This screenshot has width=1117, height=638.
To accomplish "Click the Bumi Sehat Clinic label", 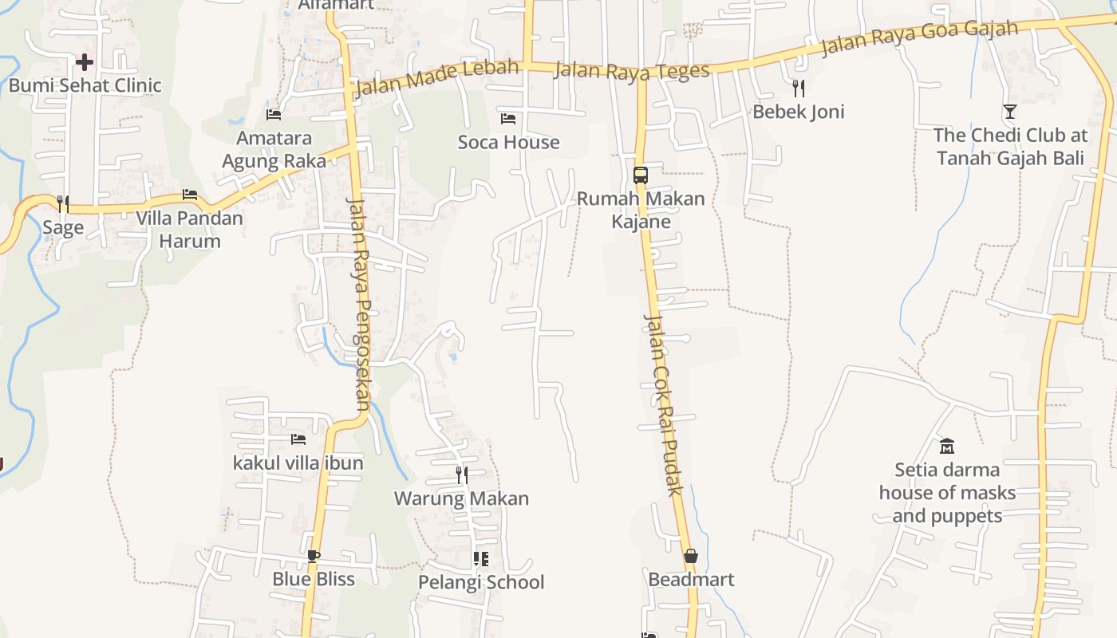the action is pos(85,85).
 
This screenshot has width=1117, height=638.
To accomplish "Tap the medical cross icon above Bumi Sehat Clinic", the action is pos(85,61).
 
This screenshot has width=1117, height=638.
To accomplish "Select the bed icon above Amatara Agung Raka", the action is pos(274,115).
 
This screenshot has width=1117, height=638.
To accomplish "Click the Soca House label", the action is pos(508,142).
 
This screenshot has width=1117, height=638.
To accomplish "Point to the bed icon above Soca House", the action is pos(508,119).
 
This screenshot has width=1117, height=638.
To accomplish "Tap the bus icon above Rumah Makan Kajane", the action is pos(640,175).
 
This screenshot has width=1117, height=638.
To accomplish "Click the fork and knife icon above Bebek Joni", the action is pos(799,88).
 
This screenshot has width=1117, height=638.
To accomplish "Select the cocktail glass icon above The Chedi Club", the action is pos(1010,112).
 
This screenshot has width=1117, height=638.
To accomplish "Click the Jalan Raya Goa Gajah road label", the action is pos(919,37).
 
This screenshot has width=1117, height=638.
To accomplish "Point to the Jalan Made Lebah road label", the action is pos(436,77).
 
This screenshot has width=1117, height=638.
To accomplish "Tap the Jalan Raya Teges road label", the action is pos(631,70).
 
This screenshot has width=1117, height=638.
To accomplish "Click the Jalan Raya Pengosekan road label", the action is pos(360,303).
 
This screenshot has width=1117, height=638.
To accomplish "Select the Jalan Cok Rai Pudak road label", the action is pos(663,404).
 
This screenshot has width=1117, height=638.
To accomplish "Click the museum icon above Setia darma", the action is pos(947,446).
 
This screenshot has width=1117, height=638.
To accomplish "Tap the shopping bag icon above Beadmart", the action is pos(691,556).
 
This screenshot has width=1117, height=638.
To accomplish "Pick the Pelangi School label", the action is pos(481,582).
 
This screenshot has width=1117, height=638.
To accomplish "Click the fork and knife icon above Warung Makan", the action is pos(462,475).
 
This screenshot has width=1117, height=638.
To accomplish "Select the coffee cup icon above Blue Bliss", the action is pos(314,556).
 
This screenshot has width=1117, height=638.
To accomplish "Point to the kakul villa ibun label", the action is pos(298,463).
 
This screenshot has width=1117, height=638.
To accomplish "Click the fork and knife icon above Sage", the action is pos(63,204).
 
